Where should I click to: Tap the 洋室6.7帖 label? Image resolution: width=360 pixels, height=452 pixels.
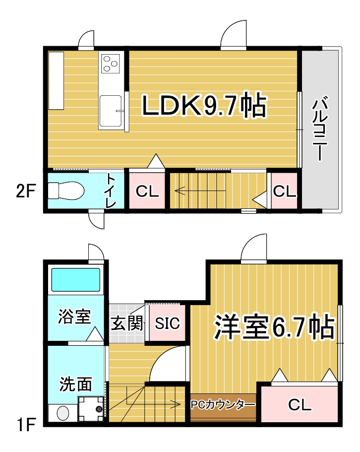click(x=274, y=327)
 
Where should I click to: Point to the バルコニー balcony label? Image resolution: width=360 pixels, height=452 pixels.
click(x=320, y=129)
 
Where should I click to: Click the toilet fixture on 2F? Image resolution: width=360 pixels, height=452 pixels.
click(x=65, y=191)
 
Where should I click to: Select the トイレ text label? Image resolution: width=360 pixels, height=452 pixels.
click(x=111, y=191)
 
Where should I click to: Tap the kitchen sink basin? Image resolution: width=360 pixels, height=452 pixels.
click(x=110, y=111)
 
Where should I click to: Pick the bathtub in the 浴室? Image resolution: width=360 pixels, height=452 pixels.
click(x=76, y=280)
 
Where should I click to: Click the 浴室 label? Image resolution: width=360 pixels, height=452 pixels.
click(x=74, y=316)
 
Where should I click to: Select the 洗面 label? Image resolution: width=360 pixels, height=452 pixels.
click(x=76, y=384)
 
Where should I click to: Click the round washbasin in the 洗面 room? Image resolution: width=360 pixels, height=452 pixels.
click(x=63, y=413)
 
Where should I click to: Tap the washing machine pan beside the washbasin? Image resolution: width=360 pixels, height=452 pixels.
click(x=91, y=409)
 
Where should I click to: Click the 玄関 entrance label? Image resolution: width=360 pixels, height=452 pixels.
click(x=127, y=323)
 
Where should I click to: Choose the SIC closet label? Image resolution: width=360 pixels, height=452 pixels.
click(x=167, y=323)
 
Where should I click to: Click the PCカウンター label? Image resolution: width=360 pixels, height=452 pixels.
click(x=223, y=405)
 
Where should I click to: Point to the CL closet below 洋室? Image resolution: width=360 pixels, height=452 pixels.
click(x=300, y=405)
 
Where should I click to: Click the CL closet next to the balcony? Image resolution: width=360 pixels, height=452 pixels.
click(x=285, y=191)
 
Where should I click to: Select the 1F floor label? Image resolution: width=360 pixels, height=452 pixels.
click(x=26, y=425)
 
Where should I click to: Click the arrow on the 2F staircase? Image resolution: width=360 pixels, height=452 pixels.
click(x=200, y=191)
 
